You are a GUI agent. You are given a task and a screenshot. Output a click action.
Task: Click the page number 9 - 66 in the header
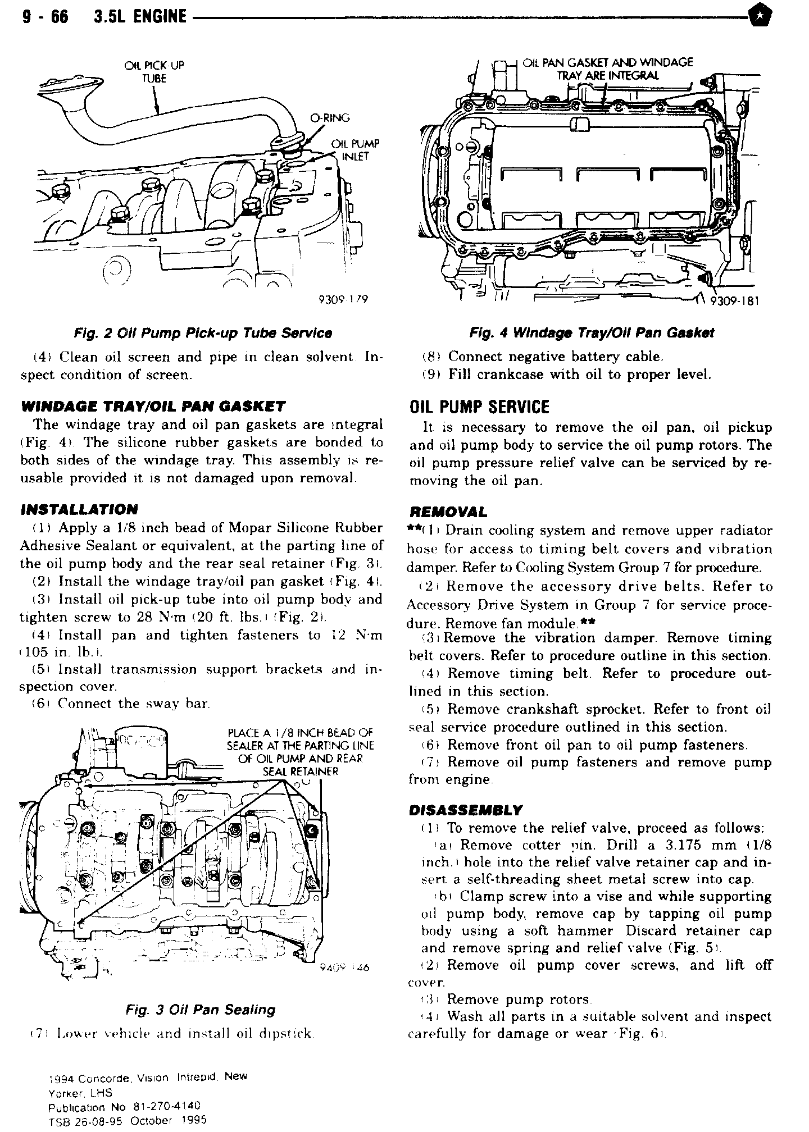[44, 17]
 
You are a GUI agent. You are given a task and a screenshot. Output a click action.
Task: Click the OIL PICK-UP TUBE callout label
[154, 72]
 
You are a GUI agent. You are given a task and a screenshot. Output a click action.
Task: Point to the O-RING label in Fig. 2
[330, 118]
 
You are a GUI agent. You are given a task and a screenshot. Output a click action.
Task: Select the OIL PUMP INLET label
[355, 149]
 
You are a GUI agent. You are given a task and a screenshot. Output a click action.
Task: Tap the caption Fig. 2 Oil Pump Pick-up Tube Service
[203, 333]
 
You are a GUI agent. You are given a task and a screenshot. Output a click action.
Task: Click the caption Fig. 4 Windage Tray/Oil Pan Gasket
[592, 333]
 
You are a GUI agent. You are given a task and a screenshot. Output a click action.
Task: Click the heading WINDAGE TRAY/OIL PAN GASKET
[153, 406]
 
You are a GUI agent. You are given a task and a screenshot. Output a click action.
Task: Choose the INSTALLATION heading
[79, 510]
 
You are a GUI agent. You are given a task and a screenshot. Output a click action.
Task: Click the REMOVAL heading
[447, 512]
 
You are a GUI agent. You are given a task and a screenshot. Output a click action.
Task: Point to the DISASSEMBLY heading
[466, 810]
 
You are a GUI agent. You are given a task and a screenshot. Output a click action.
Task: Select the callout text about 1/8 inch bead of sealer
[300, 752]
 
